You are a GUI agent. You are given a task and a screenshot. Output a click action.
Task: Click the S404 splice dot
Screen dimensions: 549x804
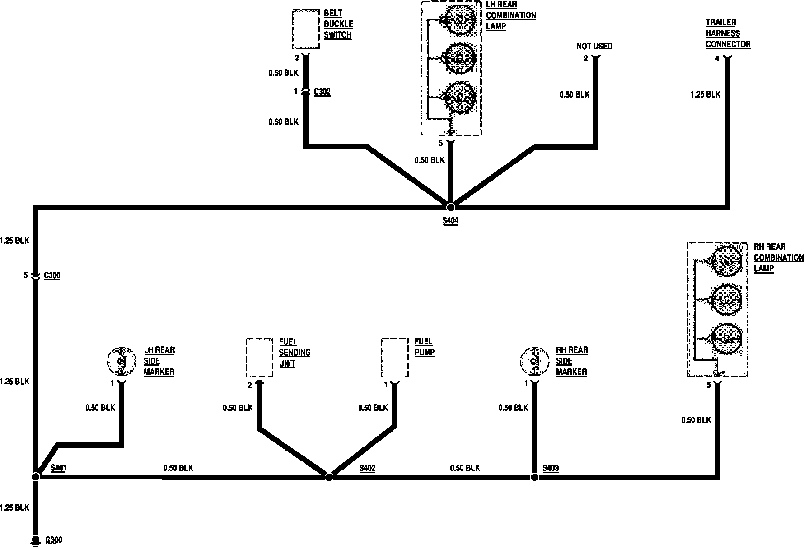tap(450, 207)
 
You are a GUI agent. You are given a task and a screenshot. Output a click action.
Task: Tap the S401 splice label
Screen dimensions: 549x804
tap(58, 468)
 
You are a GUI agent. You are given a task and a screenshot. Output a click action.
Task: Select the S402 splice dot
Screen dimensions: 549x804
tap(329, 477)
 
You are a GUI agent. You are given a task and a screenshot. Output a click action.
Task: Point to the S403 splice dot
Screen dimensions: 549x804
tap(534, 477)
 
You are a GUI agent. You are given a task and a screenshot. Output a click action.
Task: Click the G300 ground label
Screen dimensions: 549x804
tap(54, 540)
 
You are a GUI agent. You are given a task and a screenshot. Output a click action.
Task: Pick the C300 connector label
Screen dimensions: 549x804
tap(52, 275)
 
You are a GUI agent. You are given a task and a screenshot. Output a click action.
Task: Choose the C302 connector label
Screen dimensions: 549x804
tap(322, 92)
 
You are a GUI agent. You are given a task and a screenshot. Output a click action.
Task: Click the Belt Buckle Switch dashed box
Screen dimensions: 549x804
tap(306, 29)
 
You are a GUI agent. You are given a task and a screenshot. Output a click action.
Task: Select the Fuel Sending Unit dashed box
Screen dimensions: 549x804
tap(259, 358)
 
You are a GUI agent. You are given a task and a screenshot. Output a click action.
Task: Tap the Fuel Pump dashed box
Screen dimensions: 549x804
tap(394, 358)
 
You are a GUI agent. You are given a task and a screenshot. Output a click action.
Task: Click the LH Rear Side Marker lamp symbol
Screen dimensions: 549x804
tap(122, 361)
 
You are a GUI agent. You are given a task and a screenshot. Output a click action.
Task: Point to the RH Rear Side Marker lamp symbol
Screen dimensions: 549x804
tap(534, 361)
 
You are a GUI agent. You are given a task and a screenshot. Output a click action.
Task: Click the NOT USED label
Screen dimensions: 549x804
tap(594, 46)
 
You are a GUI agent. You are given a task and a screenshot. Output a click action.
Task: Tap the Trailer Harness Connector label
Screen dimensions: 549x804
tap(728, 33)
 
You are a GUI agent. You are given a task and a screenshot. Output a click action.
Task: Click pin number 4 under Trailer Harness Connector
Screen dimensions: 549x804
tap(717, 59)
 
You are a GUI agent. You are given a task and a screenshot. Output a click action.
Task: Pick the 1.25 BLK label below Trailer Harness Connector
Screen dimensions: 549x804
tap(706, 94)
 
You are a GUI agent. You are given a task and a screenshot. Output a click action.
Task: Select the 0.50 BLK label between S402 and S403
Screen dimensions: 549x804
tap(465, 468)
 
